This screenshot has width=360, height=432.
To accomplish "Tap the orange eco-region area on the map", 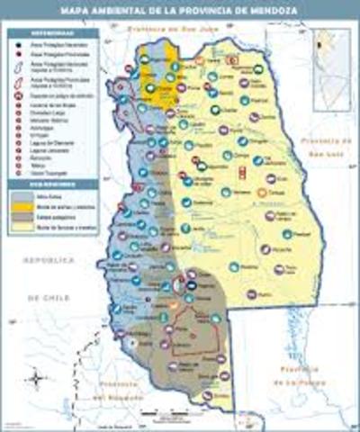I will pos(159,76).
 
